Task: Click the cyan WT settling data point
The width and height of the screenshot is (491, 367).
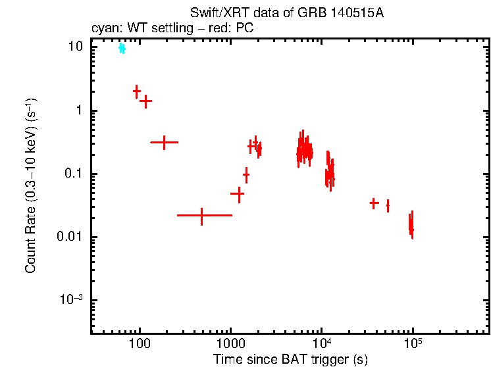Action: coord(122,49)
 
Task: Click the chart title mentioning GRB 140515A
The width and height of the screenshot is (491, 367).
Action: coord(286,14)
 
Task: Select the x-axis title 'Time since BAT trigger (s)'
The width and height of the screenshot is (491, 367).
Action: coord(290,359)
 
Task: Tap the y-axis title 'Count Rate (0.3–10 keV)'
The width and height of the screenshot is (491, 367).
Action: coord(31,186)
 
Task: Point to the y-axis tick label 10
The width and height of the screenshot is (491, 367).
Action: coord(75,47)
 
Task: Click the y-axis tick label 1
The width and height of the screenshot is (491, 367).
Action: coord(80,110)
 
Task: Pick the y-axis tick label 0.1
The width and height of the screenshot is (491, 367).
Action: coord(74,174)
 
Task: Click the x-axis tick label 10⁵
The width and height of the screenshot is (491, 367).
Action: coord(413,343)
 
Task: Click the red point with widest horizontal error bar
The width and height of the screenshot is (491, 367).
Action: coord(201,215)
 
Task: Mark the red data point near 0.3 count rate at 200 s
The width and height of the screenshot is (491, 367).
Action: coord(164,142)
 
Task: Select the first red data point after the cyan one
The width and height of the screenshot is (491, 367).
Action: coord(136,91)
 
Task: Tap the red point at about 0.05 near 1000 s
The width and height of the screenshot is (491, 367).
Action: coord(238,194)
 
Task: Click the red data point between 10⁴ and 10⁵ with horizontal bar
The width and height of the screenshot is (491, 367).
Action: coord(374,203)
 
